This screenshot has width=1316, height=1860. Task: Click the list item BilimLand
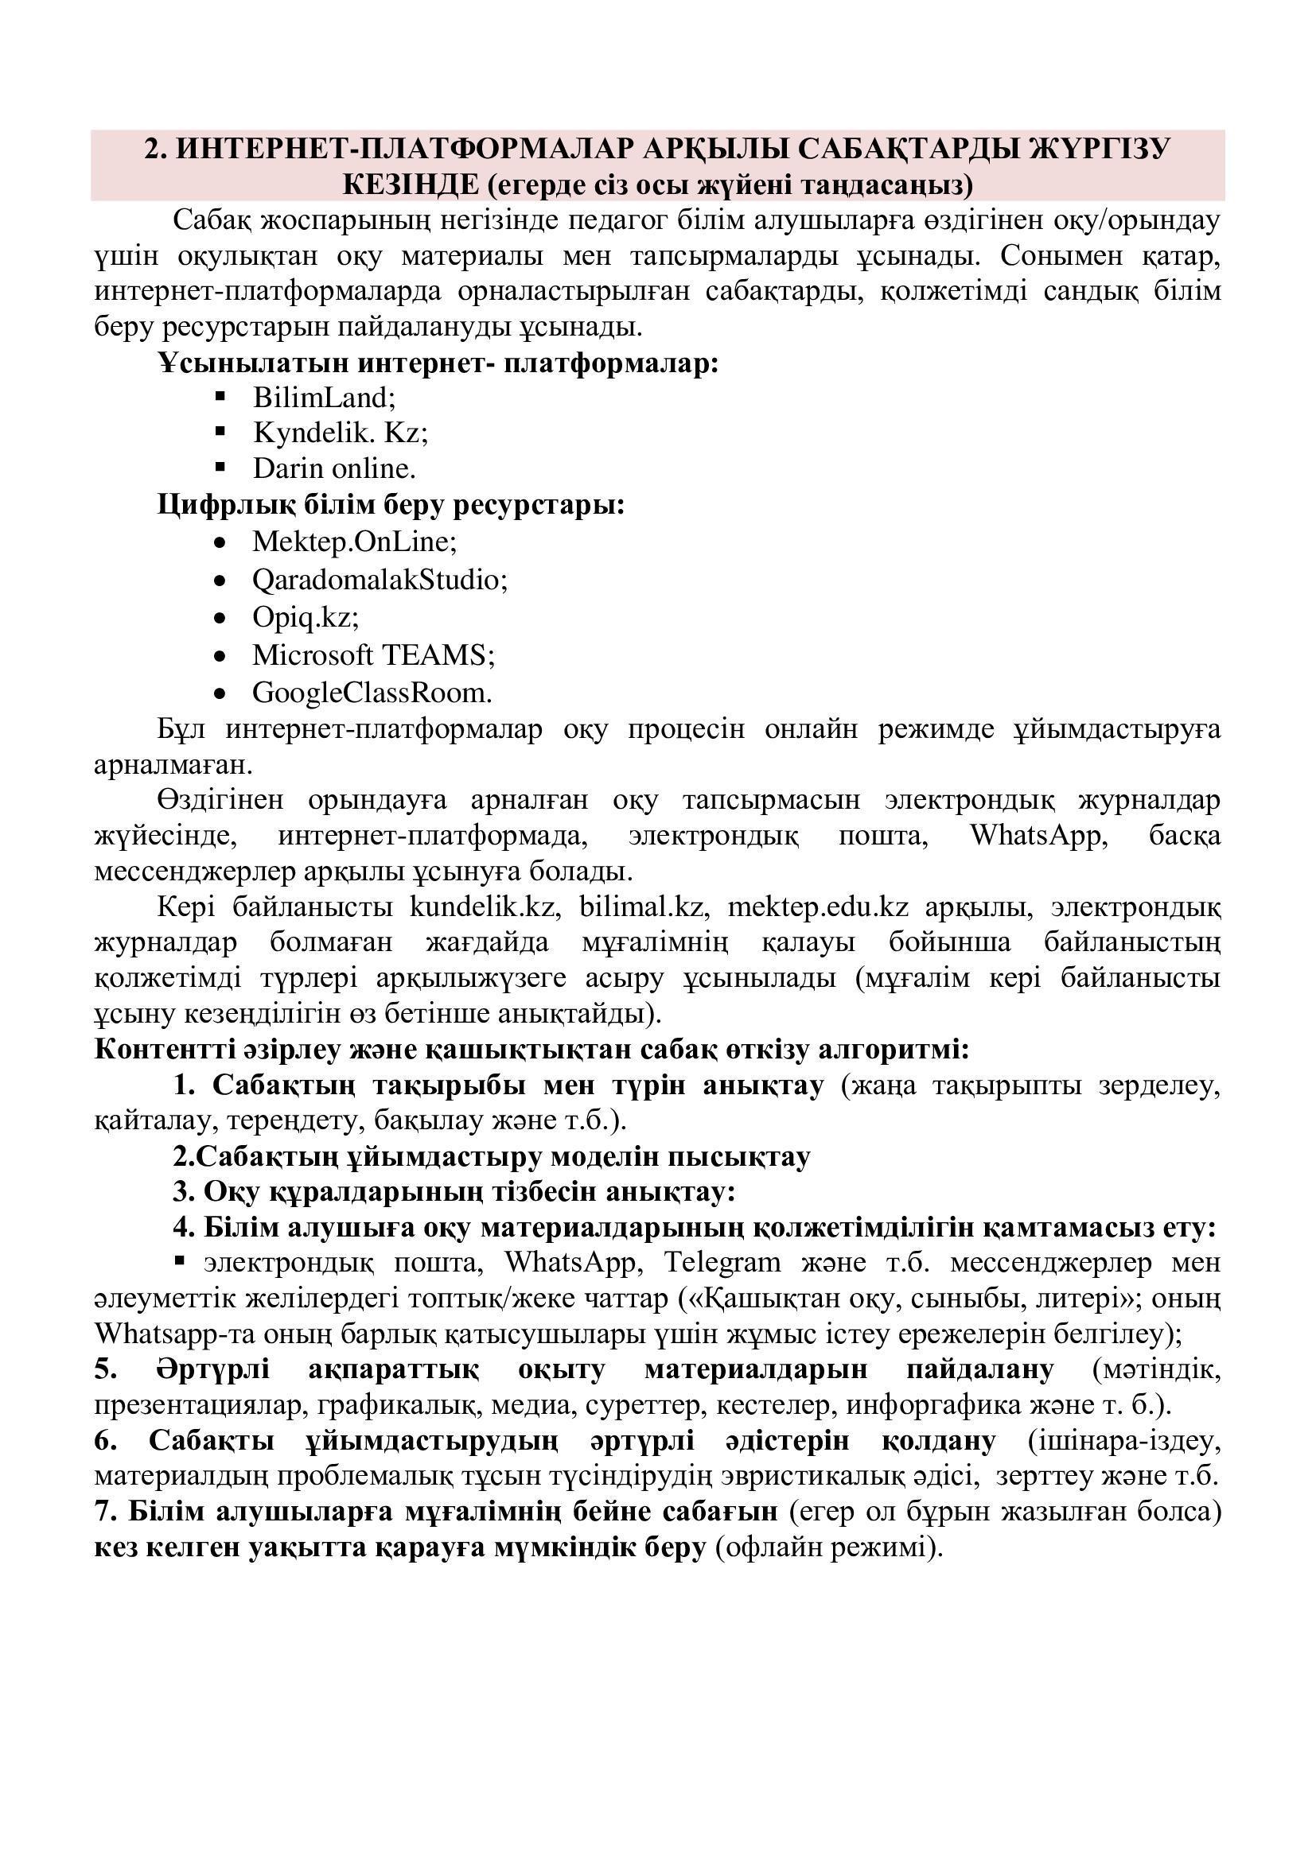[323, 398]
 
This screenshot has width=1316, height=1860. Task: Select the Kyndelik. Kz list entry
[340, 433]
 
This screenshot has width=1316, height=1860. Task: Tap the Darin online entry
[334, 469]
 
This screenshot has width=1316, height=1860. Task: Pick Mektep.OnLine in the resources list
[354, 542]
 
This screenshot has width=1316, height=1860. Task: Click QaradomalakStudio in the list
[380, 580]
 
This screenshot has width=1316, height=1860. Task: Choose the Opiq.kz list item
[306, 617]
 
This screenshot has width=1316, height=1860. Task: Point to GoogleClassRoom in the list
[372, 693]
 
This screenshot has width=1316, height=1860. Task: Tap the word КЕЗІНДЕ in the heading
[411, 185]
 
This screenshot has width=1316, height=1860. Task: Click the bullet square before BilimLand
[219, 396]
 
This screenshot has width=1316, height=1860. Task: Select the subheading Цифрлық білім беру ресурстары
[391, 506]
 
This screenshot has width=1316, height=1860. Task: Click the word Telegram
[722, 1263]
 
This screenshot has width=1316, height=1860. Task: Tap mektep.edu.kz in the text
[819, 907]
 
